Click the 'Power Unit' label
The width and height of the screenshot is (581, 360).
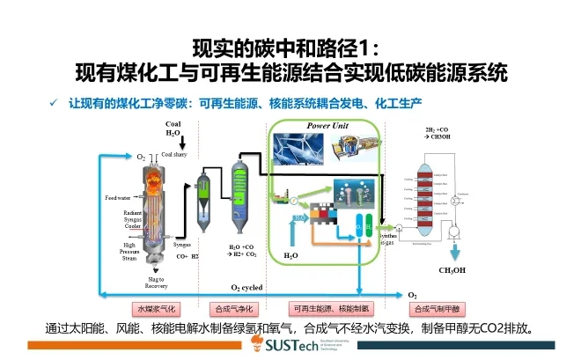coord(327,126)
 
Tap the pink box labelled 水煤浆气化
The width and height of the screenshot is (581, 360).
coord(156,309)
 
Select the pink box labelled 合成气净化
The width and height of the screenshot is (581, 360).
coord(232,309)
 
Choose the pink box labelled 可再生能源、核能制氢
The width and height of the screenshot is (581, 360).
coord(326,309)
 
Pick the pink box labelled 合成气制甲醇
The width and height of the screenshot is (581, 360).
coord(438,309)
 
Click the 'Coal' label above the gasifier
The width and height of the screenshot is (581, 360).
coord(173,125)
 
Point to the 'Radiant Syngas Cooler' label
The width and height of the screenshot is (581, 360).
coord(134,219)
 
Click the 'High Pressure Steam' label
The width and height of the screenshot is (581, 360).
coord(129,251)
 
